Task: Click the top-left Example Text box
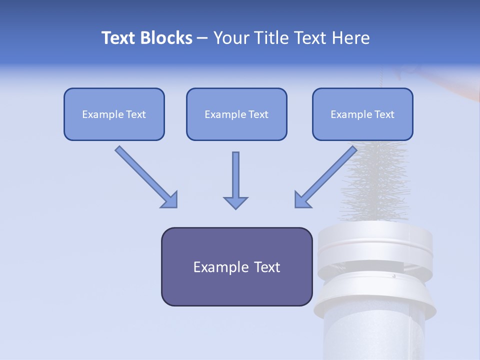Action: (114, 114)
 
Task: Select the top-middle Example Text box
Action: (236, 114)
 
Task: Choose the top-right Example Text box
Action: (362, 114)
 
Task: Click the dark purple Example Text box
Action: (236, 267)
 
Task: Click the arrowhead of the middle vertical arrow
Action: (235, 202)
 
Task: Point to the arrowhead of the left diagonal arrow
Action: (170, 200)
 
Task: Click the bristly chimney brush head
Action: (375, 185)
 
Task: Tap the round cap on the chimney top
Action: (375, 245)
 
